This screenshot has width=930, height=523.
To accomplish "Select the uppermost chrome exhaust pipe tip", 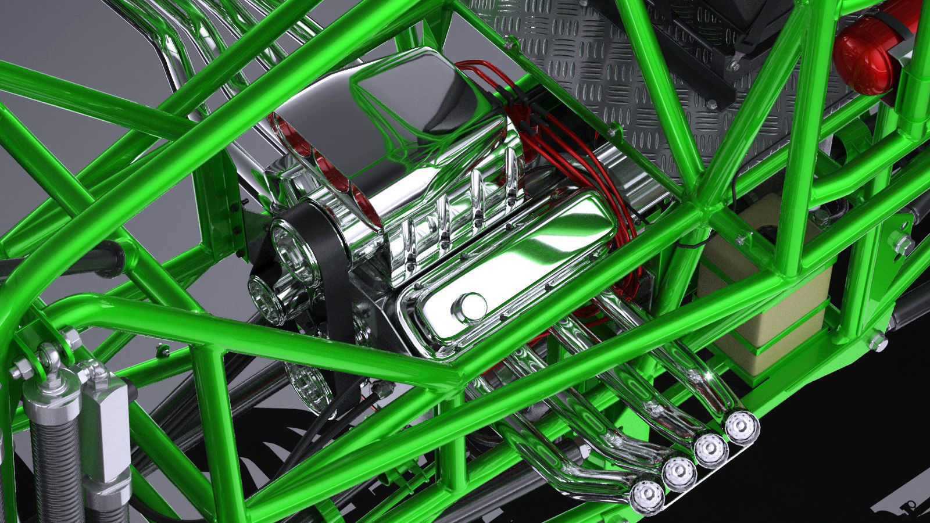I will [742, 427].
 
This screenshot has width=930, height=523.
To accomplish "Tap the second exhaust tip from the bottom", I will [679, 474].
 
